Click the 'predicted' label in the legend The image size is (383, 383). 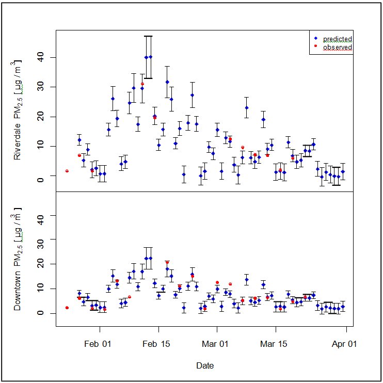(338, 39)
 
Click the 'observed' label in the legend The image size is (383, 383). (338, 47)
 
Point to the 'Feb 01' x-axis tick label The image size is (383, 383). (98, 343)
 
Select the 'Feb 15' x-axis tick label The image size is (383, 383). (156, 343)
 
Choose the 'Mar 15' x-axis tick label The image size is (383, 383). (274, 343)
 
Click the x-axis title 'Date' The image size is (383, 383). (205, 365)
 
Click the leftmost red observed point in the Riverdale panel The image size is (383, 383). (67, 171)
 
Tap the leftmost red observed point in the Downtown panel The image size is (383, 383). (67, 308)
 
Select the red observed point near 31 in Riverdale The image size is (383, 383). (142, 84)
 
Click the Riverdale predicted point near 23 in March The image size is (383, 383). (247, 107)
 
